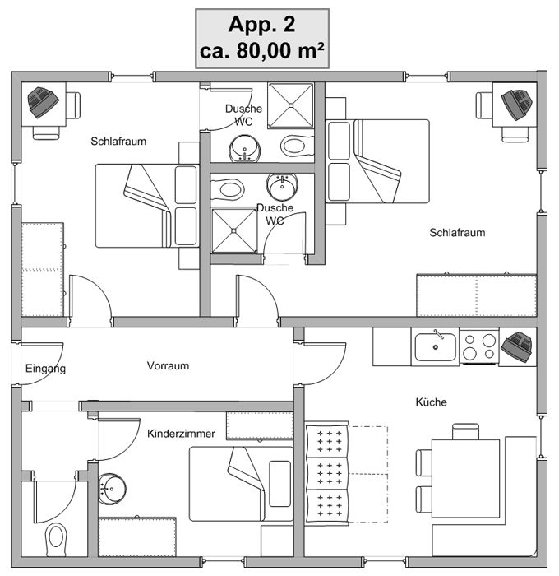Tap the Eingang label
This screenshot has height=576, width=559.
45,369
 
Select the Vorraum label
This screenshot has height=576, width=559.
168,365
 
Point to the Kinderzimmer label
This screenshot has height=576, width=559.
181,433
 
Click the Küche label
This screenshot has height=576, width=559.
431,402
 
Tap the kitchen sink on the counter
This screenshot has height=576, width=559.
436,346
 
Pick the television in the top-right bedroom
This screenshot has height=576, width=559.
518,103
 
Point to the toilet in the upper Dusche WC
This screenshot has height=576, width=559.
294,146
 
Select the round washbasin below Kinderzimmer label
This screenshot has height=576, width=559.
110,488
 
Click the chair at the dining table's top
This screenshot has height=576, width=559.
464,431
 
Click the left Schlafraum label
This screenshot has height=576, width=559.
118,141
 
